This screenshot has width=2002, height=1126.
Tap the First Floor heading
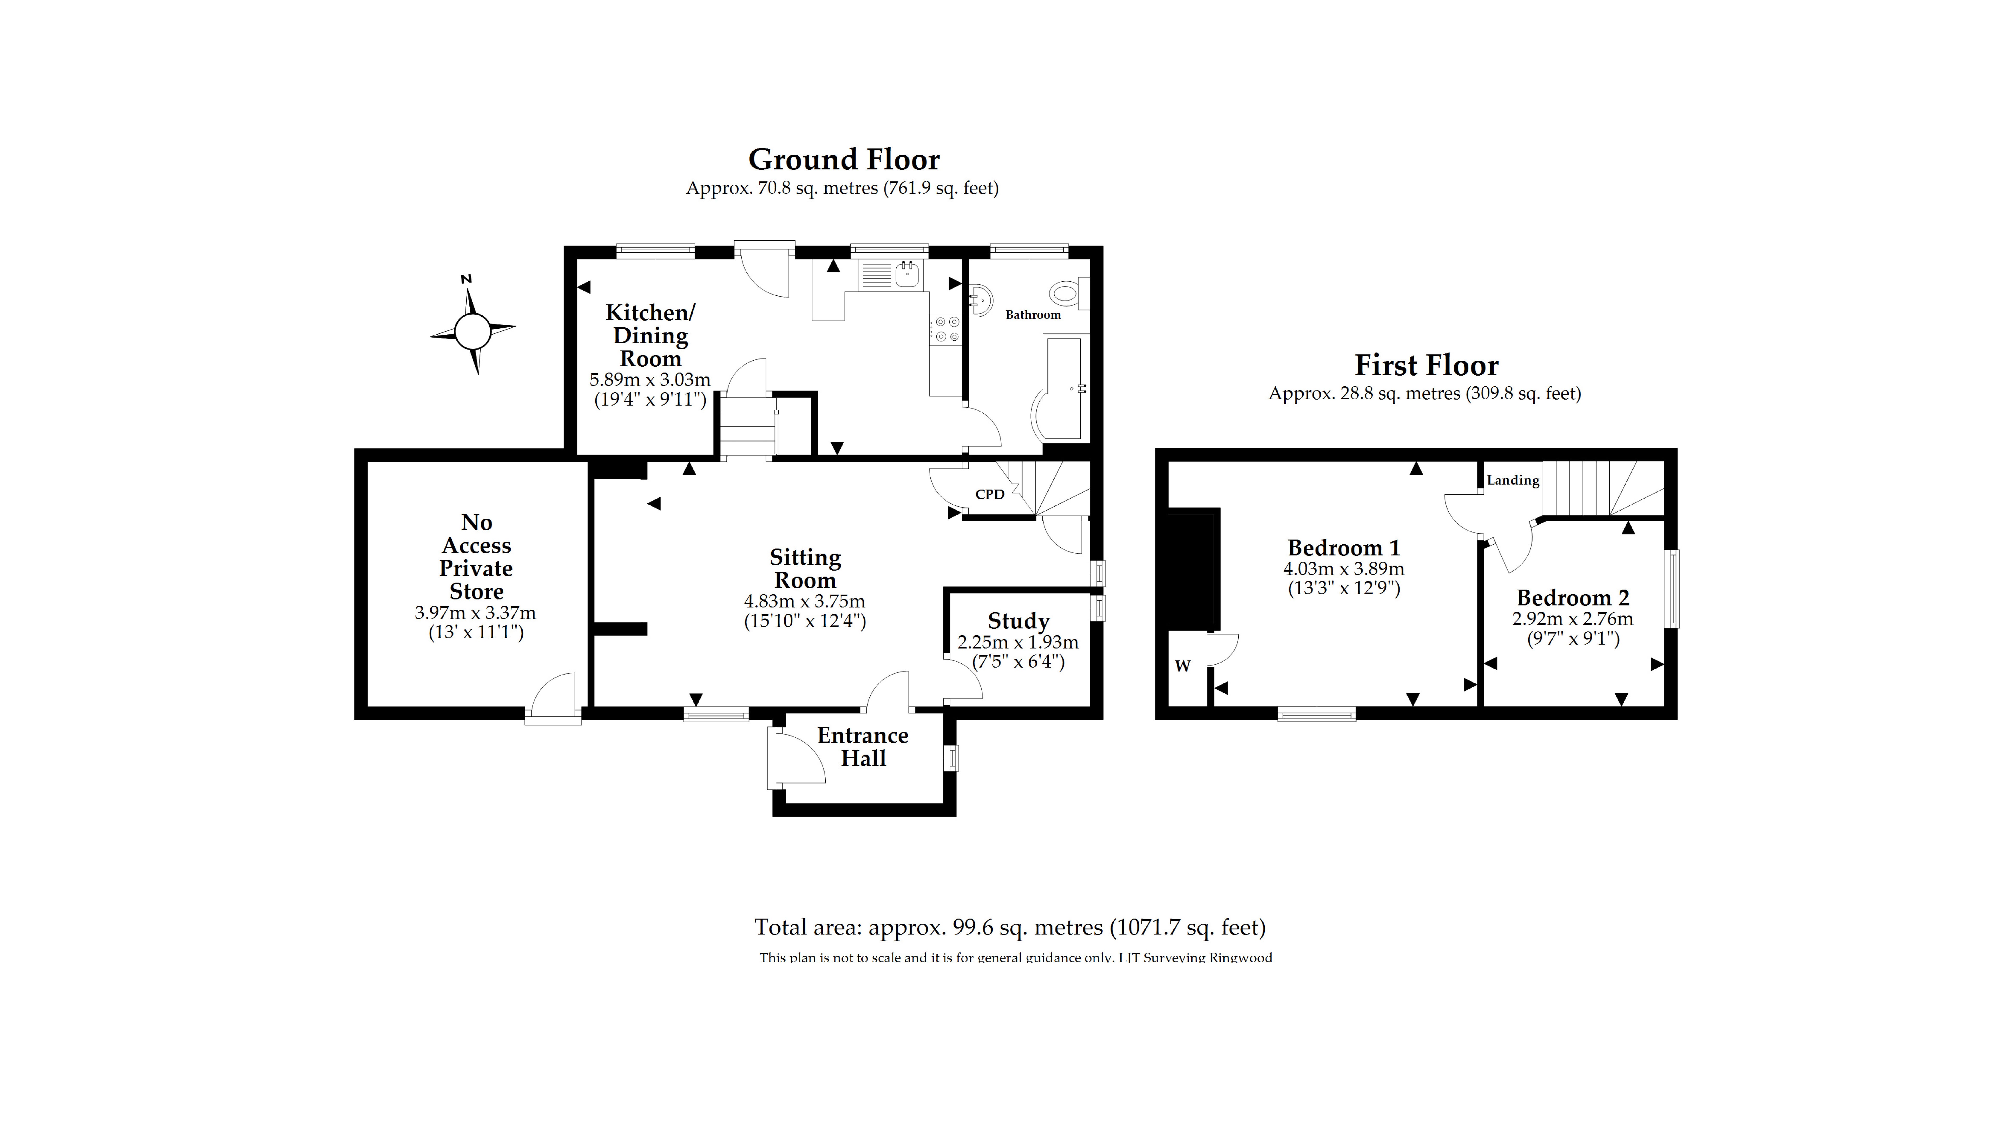coord(1426,365)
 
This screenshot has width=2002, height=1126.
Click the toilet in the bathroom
coord(1066,294)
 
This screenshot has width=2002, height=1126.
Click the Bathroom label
coord(1033,315)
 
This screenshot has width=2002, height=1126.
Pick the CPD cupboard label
coord(989,494)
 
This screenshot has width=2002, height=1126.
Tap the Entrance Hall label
coord(863,747)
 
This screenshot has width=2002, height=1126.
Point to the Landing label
coord(1512,480)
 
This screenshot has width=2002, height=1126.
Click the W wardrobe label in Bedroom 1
coord(1182,666)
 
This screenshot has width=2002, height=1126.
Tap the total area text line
coord(1010,927)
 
